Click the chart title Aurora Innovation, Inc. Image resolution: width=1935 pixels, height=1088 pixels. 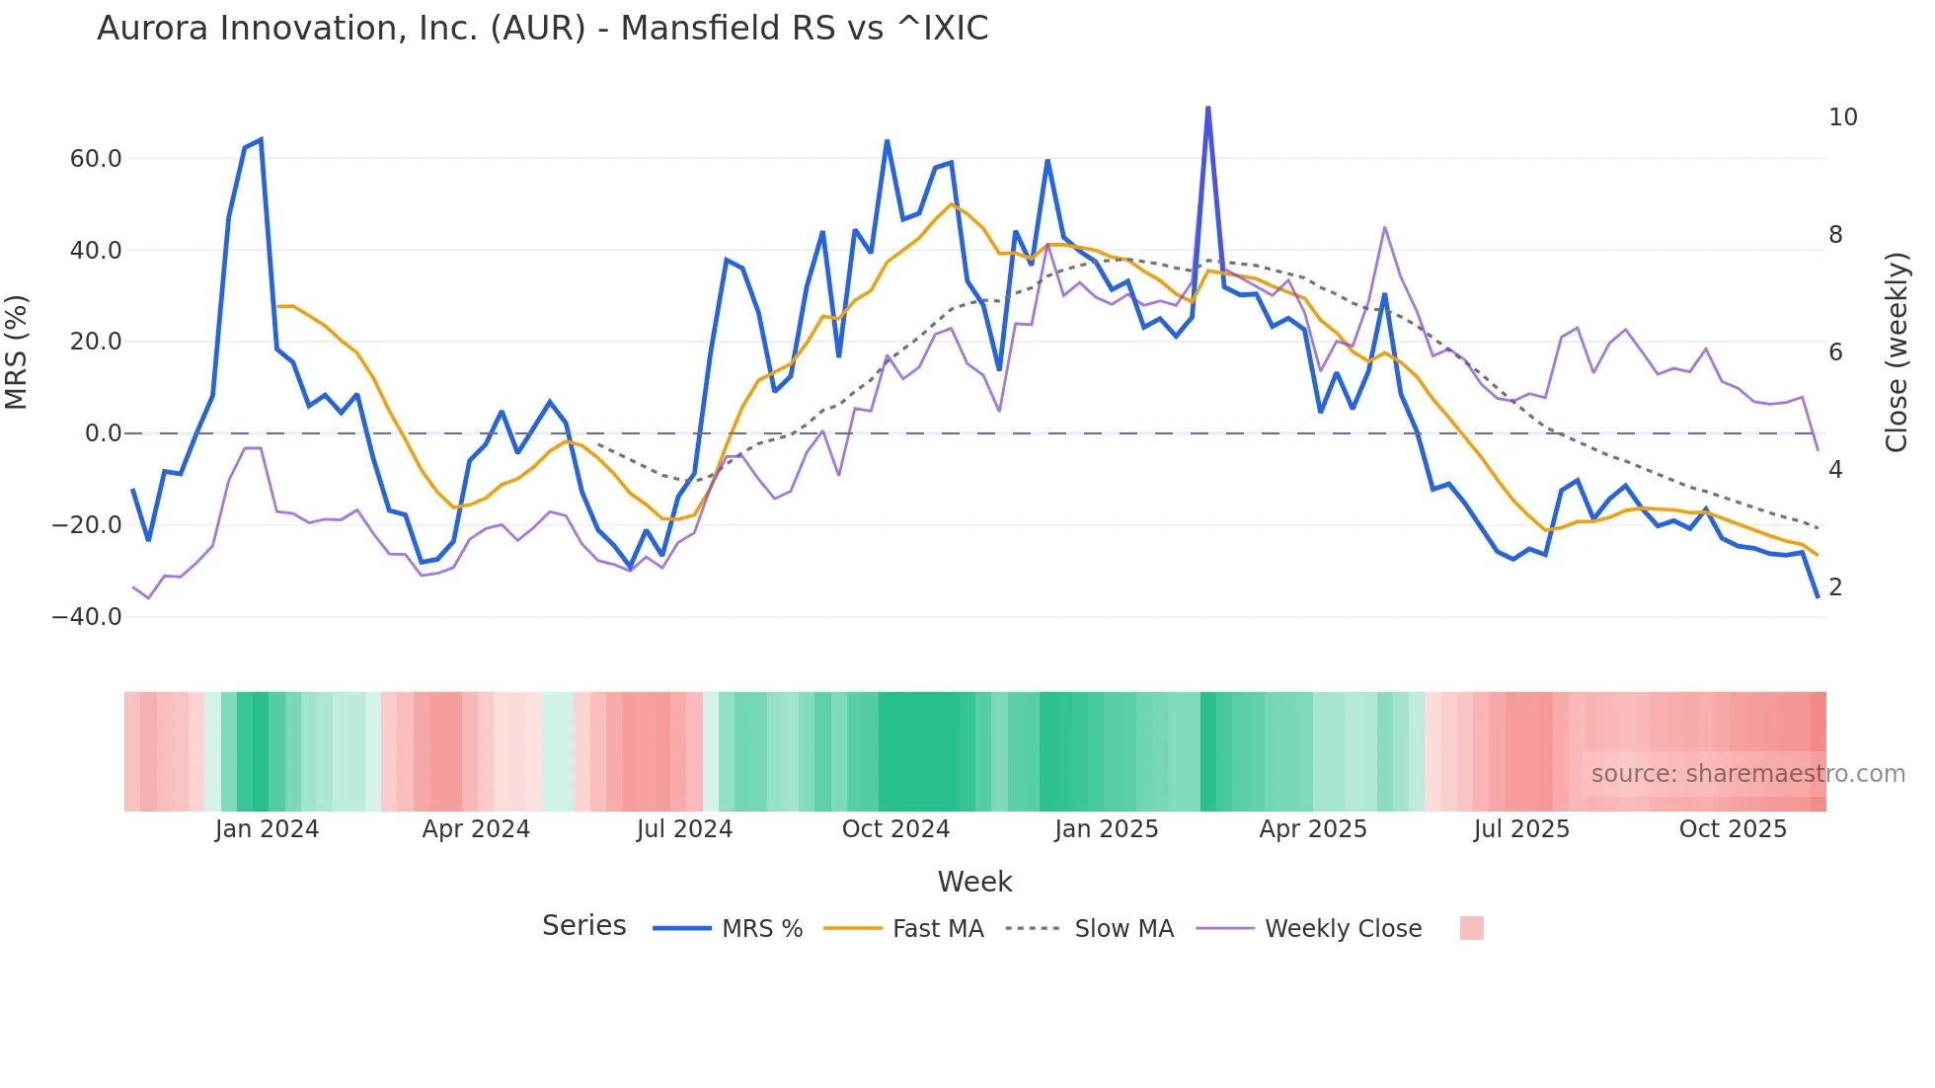tap(542, 29)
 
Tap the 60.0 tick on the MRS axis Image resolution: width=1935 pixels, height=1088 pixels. tap(96, 159)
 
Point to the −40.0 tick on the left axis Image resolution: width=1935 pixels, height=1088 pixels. tap(87, 617)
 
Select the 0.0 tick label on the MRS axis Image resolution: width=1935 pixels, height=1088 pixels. tap(103, 433)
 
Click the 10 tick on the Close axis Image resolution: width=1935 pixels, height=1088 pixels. tap(1842, 117)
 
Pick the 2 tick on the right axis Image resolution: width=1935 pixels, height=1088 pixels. tap(1835, 587)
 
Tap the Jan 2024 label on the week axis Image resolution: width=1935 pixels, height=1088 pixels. tap(267, 829)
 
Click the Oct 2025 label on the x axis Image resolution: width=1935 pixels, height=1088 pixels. tap(1733, 829)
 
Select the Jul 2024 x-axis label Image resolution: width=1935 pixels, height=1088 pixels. tap(684, 829)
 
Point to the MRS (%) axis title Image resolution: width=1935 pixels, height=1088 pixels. tap(17, 352)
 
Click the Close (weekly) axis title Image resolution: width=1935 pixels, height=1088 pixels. tap(1896, 352)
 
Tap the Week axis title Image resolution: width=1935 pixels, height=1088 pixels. tap(974, 882)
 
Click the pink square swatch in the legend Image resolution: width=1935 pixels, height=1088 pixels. tap(1471, 928)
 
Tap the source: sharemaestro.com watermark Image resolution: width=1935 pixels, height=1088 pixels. tap(1747, 774)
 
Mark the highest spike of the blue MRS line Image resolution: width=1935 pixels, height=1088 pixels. tap(1207, 108)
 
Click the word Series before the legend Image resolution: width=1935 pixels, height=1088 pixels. tap(583, 926)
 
